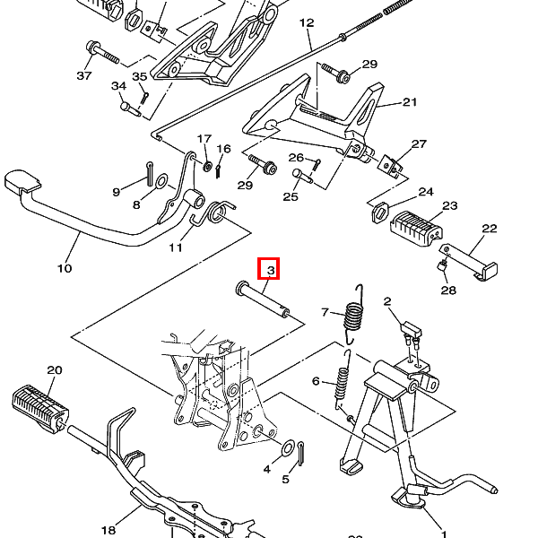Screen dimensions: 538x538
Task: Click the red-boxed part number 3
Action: [271, 271]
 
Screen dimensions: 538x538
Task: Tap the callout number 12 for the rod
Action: [307, 23]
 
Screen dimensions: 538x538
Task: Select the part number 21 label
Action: [410, 102]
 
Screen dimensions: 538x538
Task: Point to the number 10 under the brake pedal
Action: [65, 268]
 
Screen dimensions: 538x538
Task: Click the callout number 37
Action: [84, 75]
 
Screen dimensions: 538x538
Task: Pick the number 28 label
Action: [448, 291]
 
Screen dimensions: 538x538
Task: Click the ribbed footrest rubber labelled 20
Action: [40, 408]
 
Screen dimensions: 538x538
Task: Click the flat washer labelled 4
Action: [288, 447]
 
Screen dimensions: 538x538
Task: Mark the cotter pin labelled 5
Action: [301, 453]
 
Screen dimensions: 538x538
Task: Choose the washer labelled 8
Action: [161, 181]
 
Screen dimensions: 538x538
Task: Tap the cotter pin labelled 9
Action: [150, 173]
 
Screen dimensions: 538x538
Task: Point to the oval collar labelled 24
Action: [380, 213]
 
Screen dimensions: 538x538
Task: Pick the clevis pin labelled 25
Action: [302, 176]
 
